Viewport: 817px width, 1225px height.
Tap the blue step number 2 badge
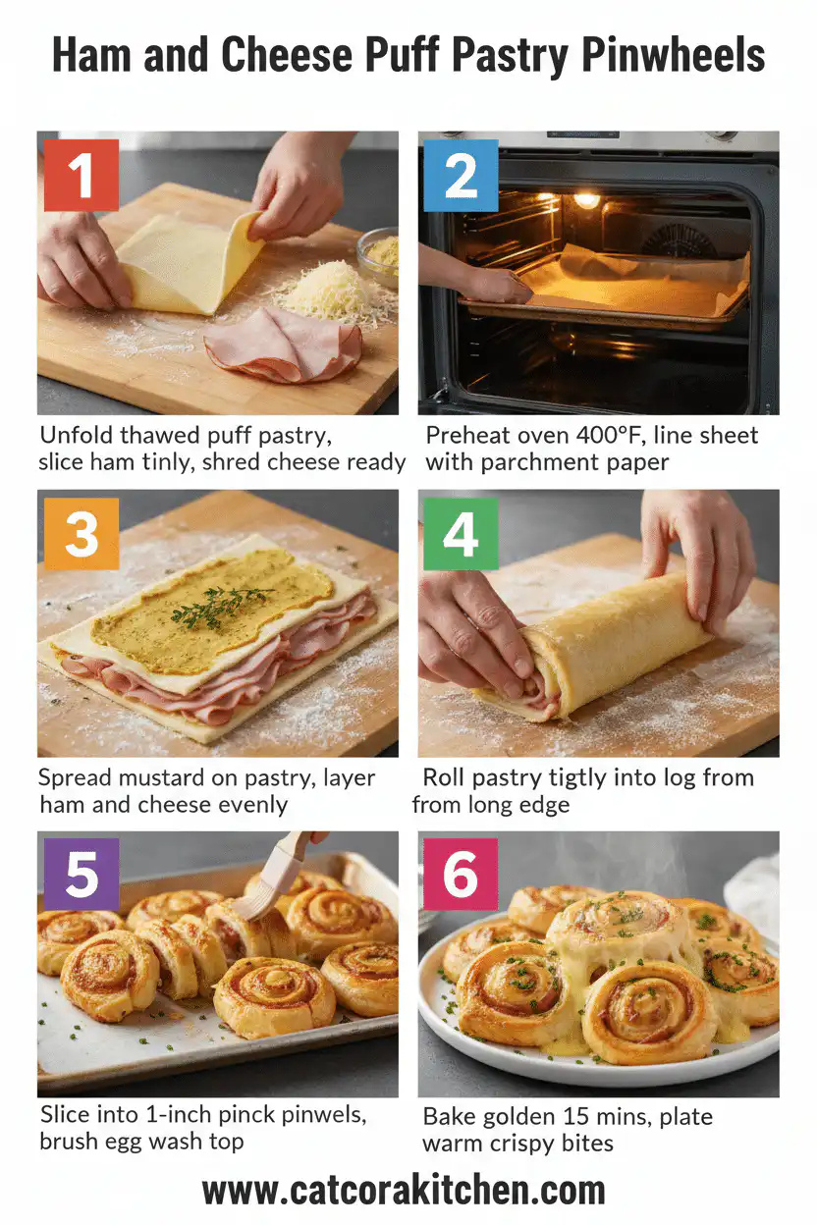tap(460, 177)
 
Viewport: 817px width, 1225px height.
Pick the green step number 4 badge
tap(460, 534)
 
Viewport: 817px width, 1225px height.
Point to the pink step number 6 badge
tap(460, 874)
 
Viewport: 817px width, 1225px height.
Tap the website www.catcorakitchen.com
tap(404, 1191)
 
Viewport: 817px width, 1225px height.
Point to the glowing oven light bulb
tap(586, 200)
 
